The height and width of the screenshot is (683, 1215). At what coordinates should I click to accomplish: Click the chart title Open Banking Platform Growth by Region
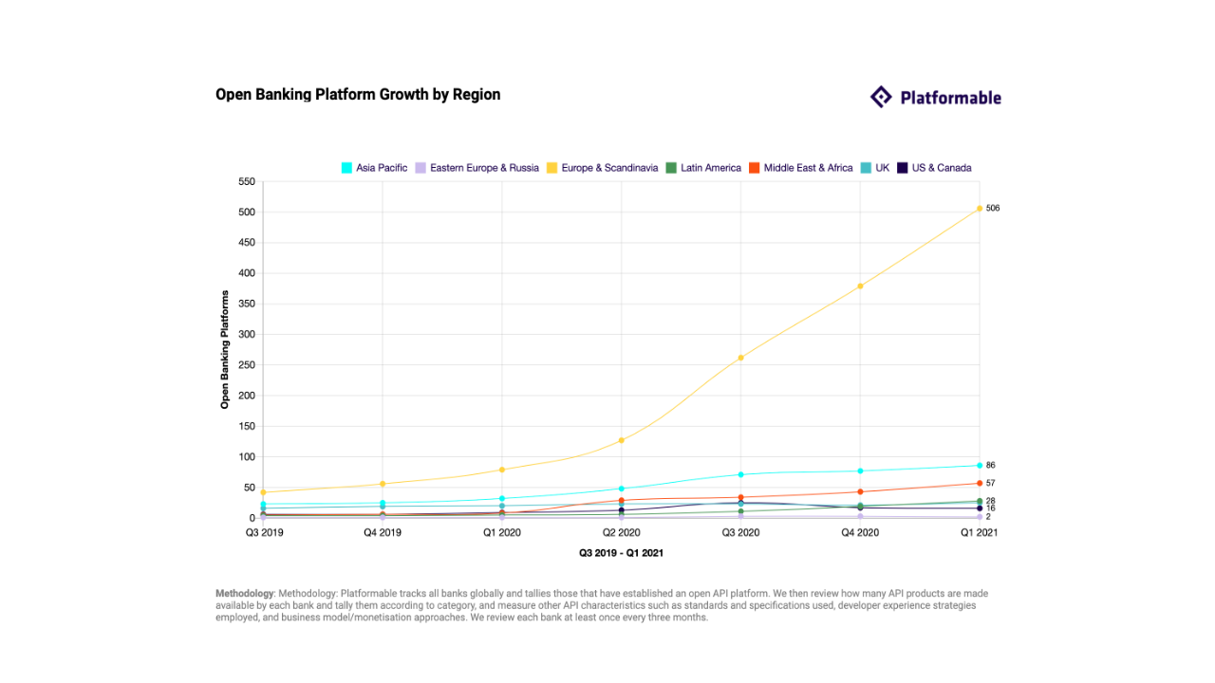click(358, 95)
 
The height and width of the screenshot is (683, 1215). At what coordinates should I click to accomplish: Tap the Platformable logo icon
click(881, 97)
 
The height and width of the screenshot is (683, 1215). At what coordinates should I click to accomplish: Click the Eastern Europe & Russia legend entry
click(477, 168)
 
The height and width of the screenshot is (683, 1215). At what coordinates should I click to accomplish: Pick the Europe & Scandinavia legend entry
click(602, 168)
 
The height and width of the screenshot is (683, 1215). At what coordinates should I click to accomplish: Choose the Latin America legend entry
click(703, 168)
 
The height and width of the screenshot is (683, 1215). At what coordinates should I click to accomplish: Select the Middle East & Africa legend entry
click(801, 168)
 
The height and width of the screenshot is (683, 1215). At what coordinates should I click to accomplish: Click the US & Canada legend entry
click(934, 168)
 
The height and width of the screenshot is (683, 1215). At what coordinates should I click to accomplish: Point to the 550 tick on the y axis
click(247, 181)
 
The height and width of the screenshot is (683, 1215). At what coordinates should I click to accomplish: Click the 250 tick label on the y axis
click(247, 365)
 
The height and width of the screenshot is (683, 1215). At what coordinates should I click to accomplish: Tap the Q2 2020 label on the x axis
click(621, 533)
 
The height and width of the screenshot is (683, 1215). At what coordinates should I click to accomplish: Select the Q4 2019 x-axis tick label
click(383, 533)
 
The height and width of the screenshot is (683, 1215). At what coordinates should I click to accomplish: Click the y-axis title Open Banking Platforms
click(225, 350)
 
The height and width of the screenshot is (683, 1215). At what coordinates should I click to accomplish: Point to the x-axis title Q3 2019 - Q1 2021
click(621, 552)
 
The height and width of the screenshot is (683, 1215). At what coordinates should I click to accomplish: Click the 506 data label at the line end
click(993, 208)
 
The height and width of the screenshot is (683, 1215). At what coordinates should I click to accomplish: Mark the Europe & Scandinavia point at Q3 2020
click(740, 358)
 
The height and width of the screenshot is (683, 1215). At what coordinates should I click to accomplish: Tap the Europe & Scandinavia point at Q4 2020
click(860, 286)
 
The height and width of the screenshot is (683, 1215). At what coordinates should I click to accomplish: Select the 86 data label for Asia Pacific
click(991, 465)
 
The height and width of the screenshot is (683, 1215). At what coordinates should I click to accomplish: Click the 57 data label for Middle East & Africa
click(991, 483)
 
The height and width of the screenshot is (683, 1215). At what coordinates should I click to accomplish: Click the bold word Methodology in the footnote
click(244, 594)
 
